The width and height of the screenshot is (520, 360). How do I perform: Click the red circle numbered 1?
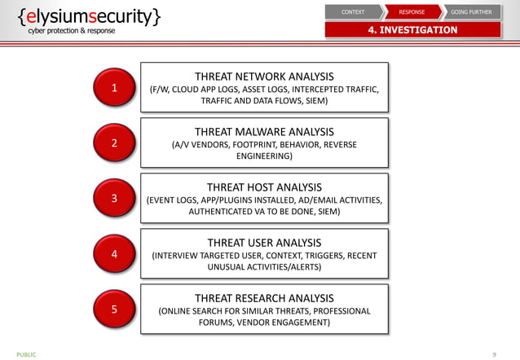pyautogui.click(x=114, y=88)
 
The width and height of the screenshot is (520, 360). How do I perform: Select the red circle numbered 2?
pyautogui.click(x=114, y=143)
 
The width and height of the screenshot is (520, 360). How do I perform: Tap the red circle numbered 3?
pyautogui.click(x=114, y=198)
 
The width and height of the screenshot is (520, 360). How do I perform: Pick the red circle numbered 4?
pyautogui.click(x=114, y=254)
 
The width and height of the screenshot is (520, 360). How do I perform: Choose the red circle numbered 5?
pyautogui.click(x=114, y=310)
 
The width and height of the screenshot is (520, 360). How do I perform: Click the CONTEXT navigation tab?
pyautogui.click(x=353, y=12)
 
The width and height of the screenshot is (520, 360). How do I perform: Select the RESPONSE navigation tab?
pyautogui.click(x=412, y=12)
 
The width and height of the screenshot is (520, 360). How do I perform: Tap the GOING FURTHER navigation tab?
pyautogui.click(x=471, y=12)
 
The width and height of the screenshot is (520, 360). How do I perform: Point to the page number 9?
pyautogui.click(x=494, y=354)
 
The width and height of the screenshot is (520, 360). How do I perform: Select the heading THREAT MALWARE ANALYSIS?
pyautogui.click(x=264, y=131)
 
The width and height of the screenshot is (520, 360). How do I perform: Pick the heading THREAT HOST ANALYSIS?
pyautogui.click(x=264, y=187)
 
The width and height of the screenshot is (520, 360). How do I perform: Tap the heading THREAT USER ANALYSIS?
pyautogui.click(x=264, y=243)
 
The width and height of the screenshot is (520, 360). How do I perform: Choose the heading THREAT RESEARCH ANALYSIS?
pyautogui.click(x=264, y=297)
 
